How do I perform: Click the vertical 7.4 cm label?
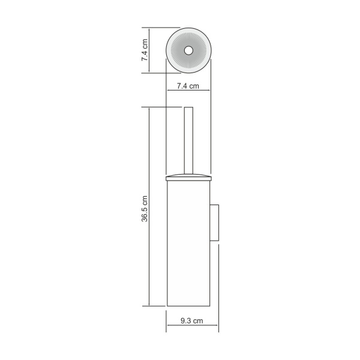[x=144, y=50]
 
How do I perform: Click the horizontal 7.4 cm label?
[x=188, y=86]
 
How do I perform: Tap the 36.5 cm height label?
[x=144, y=209]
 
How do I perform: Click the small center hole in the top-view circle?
[x=188, y=50]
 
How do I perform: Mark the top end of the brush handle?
[x=187, y=109]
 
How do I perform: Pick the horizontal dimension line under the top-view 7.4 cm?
[x=188, y=91]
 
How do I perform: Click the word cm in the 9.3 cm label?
[x=198, y=322]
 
